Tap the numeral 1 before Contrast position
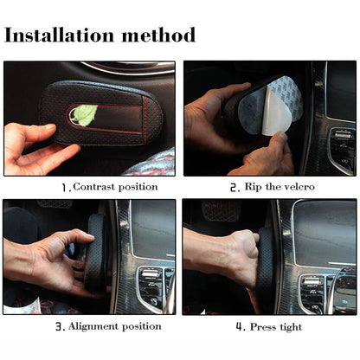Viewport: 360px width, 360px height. click(63, 187)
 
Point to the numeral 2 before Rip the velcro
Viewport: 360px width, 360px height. click(234, 187)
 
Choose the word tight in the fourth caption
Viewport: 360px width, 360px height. click(293, 326)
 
